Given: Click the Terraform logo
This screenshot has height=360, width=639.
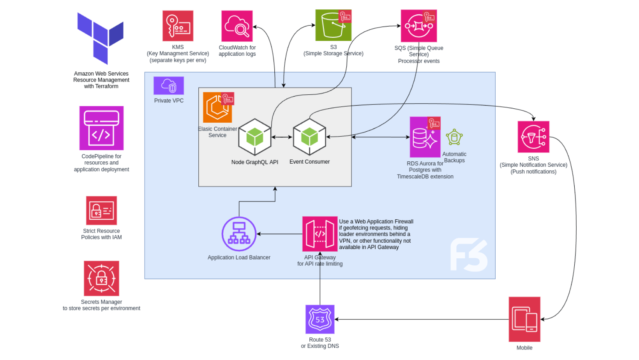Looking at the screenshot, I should [x=101, y=38].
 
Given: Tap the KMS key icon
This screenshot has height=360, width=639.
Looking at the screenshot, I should [x=178, y=26].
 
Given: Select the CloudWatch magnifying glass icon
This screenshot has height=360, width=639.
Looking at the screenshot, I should [x=237, y=26].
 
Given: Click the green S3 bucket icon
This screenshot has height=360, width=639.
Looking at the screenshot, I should [x=333, y=26].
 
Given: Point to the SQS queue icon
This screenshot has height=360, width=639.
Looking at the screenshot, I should [x=418, y=26].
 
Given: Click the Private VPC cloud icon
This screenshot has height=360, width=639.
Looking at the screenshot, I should [x=169, y=85].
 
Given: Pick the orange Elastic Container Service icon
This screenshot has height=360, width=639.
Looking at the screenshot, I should [x=217, y=108].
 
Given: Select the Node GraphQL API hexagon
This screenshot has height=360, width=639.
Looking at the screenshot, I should [x=255, y=137].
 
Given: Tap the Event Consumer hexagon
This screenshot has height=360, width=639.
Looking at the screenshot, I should [x=309, y=137].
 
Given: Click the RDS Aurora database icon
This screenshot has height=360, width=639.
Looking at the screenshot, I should [x=425, y=138].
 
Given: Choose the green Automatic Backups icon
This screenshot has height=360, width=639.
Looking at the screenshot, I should [x=454, y=138].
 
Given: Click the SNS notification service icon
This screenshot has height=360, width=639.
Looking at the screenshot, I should [x=533, y=137].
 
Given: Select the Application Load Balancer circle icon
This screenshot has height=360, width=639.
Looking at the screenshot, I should [x=239, y=234].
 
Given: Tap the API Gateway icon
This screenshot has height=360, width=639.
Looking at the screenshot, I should [x=320, y=234].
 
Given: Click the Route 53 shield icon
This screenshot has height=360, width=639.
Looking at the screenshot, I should [x=320, y=319].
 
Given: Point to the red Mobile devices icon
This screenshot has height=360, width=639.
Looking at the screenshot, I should [x=524, y=319].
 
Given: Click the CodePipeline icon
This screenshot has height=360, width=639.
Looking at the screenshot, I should [x=101, y=128].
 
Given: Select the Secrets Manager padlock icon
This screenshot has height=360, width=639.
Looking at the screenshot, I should [x=101, y=278].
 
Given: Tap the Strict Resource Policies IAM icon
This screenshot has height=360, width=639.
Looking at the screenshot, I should [x=101, y=210].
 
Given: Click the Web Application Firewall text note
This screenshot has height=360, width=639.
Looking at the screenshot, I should [x=376, y=234].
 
